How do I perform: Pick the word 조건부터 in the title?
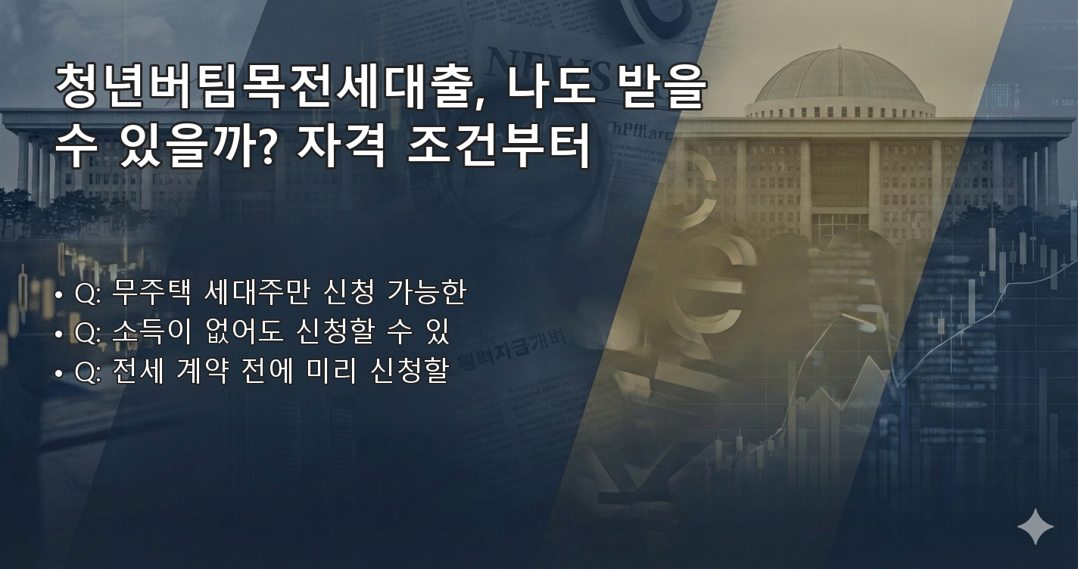point(498,148)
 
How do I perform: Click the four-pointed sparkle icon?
point(1035,527)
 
